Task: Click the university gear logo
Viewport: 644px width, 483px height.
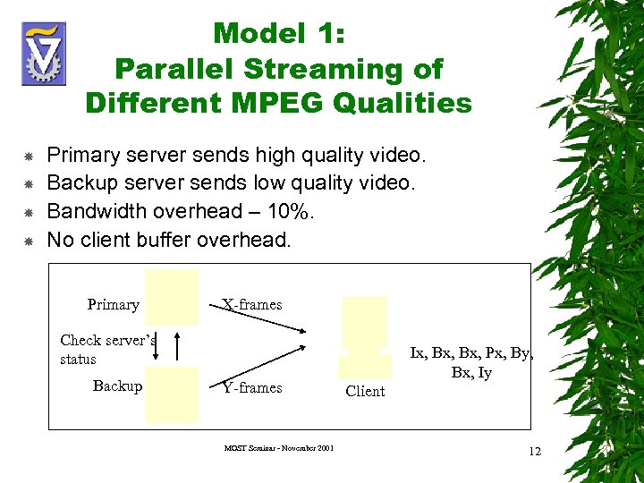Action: tap(44, 54)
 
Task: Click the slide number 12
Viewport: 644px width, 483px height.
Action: tap(535, 451)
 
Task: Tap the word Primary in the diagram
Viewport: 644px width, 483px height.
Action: tap(113, 304)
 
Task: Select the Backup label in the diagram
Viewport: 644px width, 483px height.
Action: tap(117, 386)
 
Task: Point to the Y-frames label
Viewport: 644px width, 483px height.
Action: tap(251, 387)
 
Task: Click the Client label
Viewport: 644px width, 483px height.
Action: tap(365, 391)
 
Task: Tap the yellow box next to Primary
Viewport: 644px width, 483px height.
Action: tap(171, 296)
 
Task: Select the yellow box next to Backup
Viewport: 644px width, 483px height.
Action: tap(171, 394)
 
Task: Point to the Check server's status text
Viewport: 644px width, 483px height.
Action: tap(107, 349)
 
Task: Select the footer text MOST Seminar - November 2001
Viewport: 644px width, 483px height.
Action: tap(280, 447)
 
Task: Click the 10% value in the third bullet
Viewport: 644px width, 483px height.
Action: tap(275, 211)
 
